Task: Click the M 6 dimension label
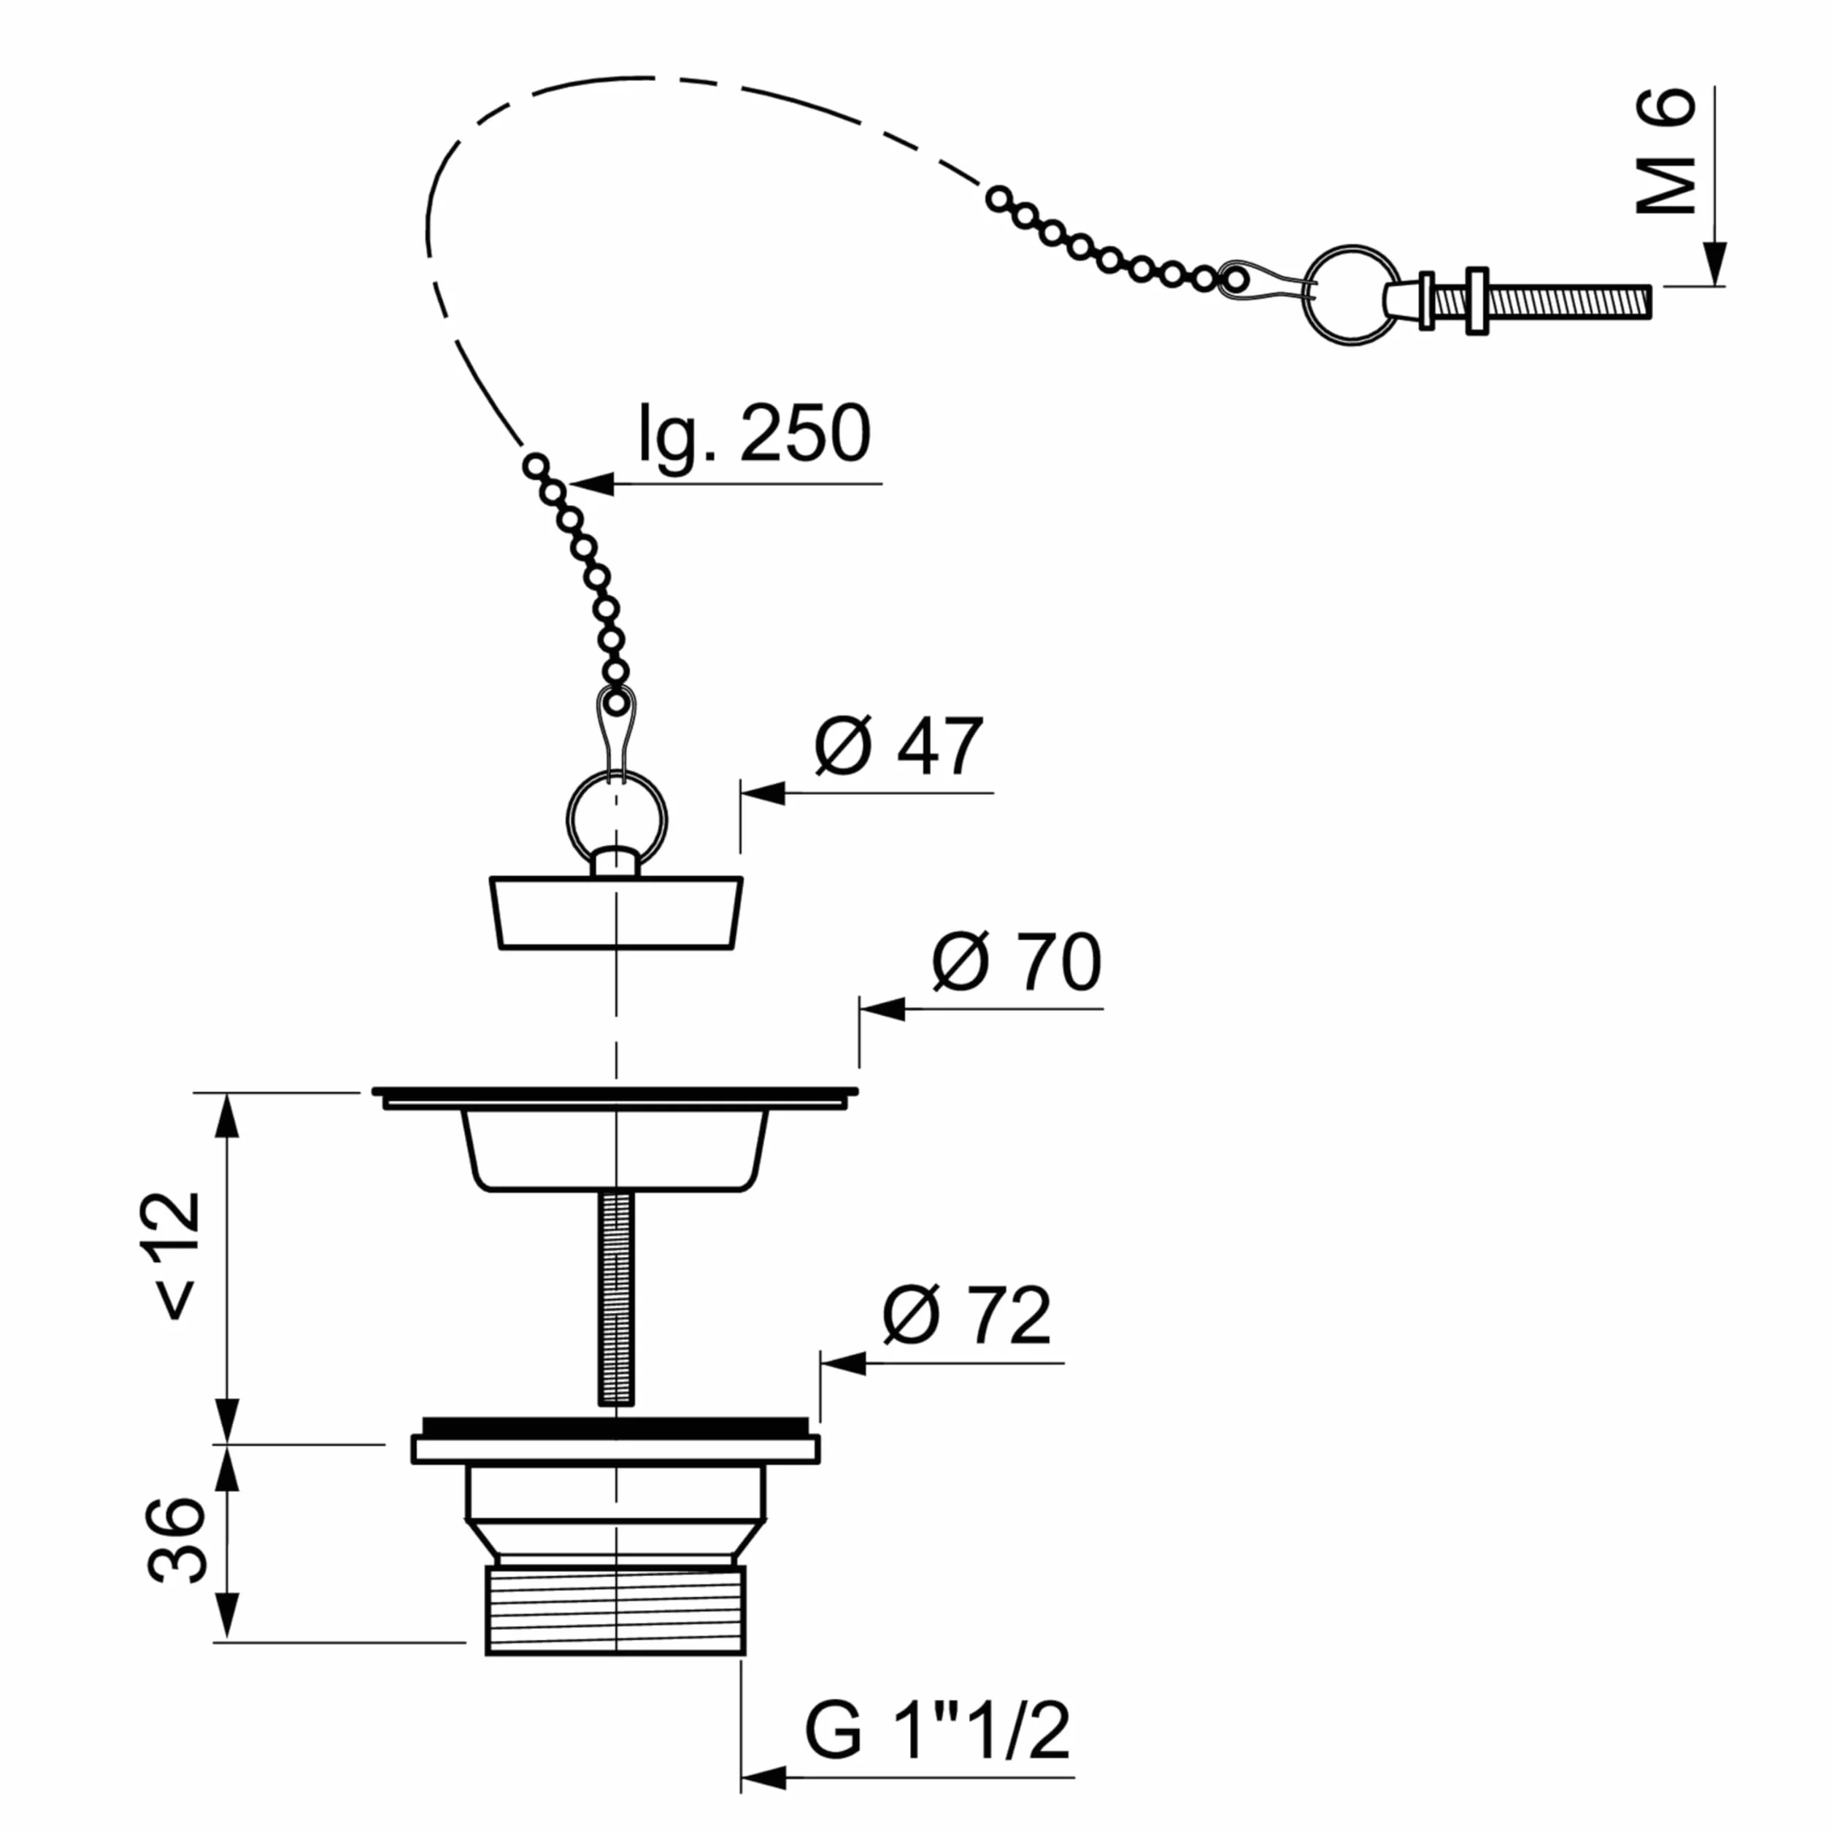point(1666,151)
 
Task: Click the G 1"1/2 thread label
point(937,1730)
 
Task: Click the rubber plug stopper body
point(616,912)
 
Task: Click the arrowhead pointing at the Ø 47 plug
point(763,793)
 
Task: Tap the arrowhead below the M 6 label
point(1714,263)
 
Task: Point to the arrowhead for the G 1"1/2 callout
point(763,1777)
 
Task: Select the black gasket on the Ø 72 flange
point(616,1425)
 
